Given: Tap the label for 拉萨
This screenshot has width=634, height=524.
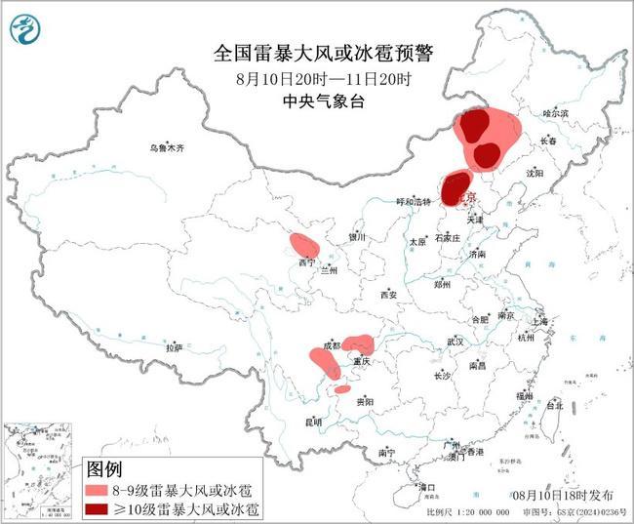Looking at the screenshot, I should [x=174, y=347].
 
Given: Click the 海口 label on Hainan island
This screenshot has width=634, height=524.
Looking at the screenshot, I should [x=426, y=486].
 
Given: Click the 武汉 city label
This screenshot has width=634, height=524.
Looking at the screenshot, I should [x=455, y=342].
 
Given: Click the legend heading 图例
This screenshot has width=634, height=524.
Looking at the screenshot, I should [x=106, y=468].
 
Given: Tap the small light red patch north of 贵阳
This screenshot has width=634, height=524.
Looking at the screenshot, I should [x=341, y=389].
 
